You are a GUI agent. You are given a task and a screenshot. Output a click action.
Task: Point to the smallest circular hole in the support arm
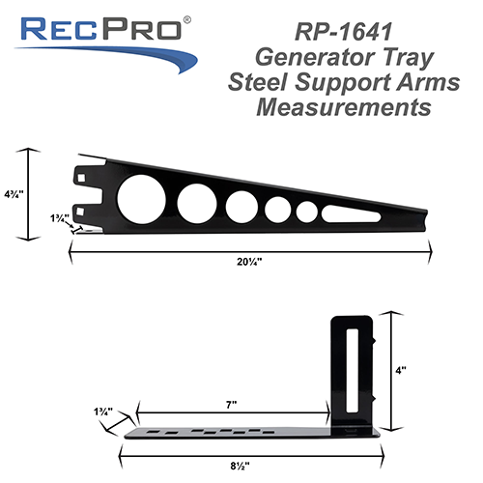(x=307, y=212)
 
